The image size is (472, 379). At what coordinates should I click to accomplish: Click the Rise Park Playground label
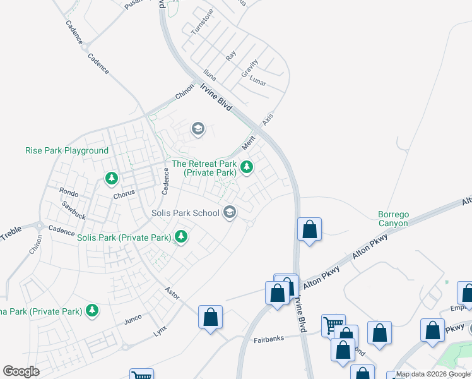pos(67,151)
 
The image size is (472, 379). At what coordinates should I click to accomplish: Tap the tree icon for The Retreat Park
pos(247,167)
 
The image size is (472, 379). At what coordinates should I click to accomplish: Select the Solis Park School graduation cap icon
pos(230,213)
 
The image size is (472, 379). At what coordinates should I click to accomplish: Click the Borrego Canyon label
pos(392,219)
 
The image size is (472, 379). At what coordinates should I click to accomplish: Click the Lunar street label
pos(257,82)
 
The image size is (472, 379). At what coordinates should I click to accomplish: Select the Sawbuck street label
pos(73,210)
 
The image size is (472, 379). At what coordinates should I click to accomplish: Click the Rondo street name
pos(68,192)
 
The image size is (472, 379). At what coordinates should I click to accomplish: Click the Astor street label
pos(172,294)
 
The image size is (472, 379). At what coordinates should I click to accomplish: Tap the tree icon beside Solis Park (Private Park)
pos(182,238)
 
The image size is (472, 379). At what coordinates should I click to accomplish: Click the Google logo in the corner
pos(21,371)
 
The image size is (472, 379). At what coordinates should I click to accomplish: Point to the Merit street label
pos(247,143)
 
